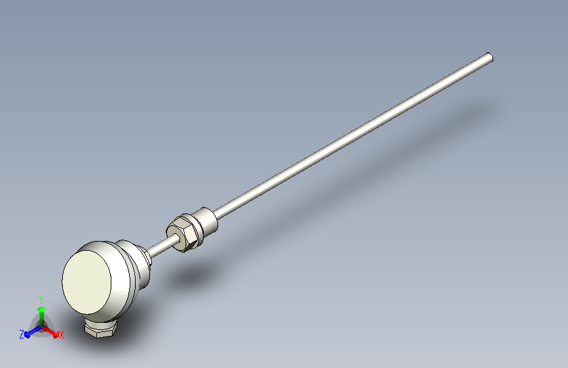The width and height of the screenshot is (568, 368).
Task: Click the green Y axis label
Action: click(41, 300)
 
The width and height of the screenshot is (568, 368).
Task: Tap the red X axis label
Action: click(61, 335)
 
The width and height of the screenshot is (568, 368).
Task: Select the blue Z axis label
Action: click(22, 335)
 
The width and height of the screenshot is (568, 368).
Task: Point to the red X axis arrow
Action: click(50, 331)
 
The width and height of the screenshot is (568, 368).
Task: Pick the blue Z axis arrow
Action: click(33, 331)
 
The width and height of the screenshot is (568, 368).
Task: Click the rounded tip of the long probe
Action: click(489, 57)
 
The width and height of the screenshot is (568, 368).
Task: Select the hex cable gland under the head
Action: click(100, 329)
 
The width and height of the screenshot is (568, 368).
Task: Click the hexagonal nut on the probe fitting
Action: click(181, 234)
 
